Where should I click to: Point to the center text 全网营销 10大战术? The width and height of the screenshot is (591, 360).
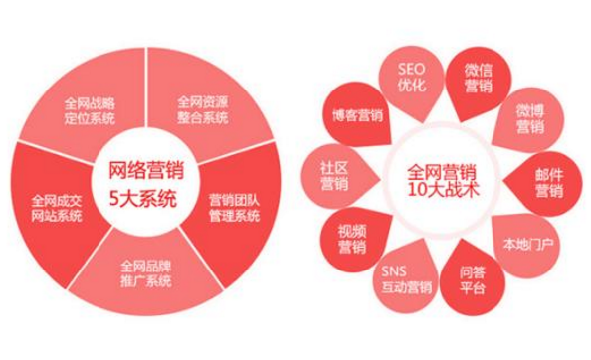pos(435,180)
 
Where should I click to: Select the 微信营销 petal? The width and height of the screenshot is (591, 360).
pos(479,78)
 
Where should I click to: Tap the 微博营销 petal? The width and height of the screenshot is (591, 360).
pos(528,118)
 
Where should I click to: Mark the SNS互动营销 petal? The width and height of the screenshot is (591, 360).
pos(406,281)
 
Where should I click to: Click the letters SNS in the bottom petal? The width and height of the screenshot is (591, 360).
pos(394,271)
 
